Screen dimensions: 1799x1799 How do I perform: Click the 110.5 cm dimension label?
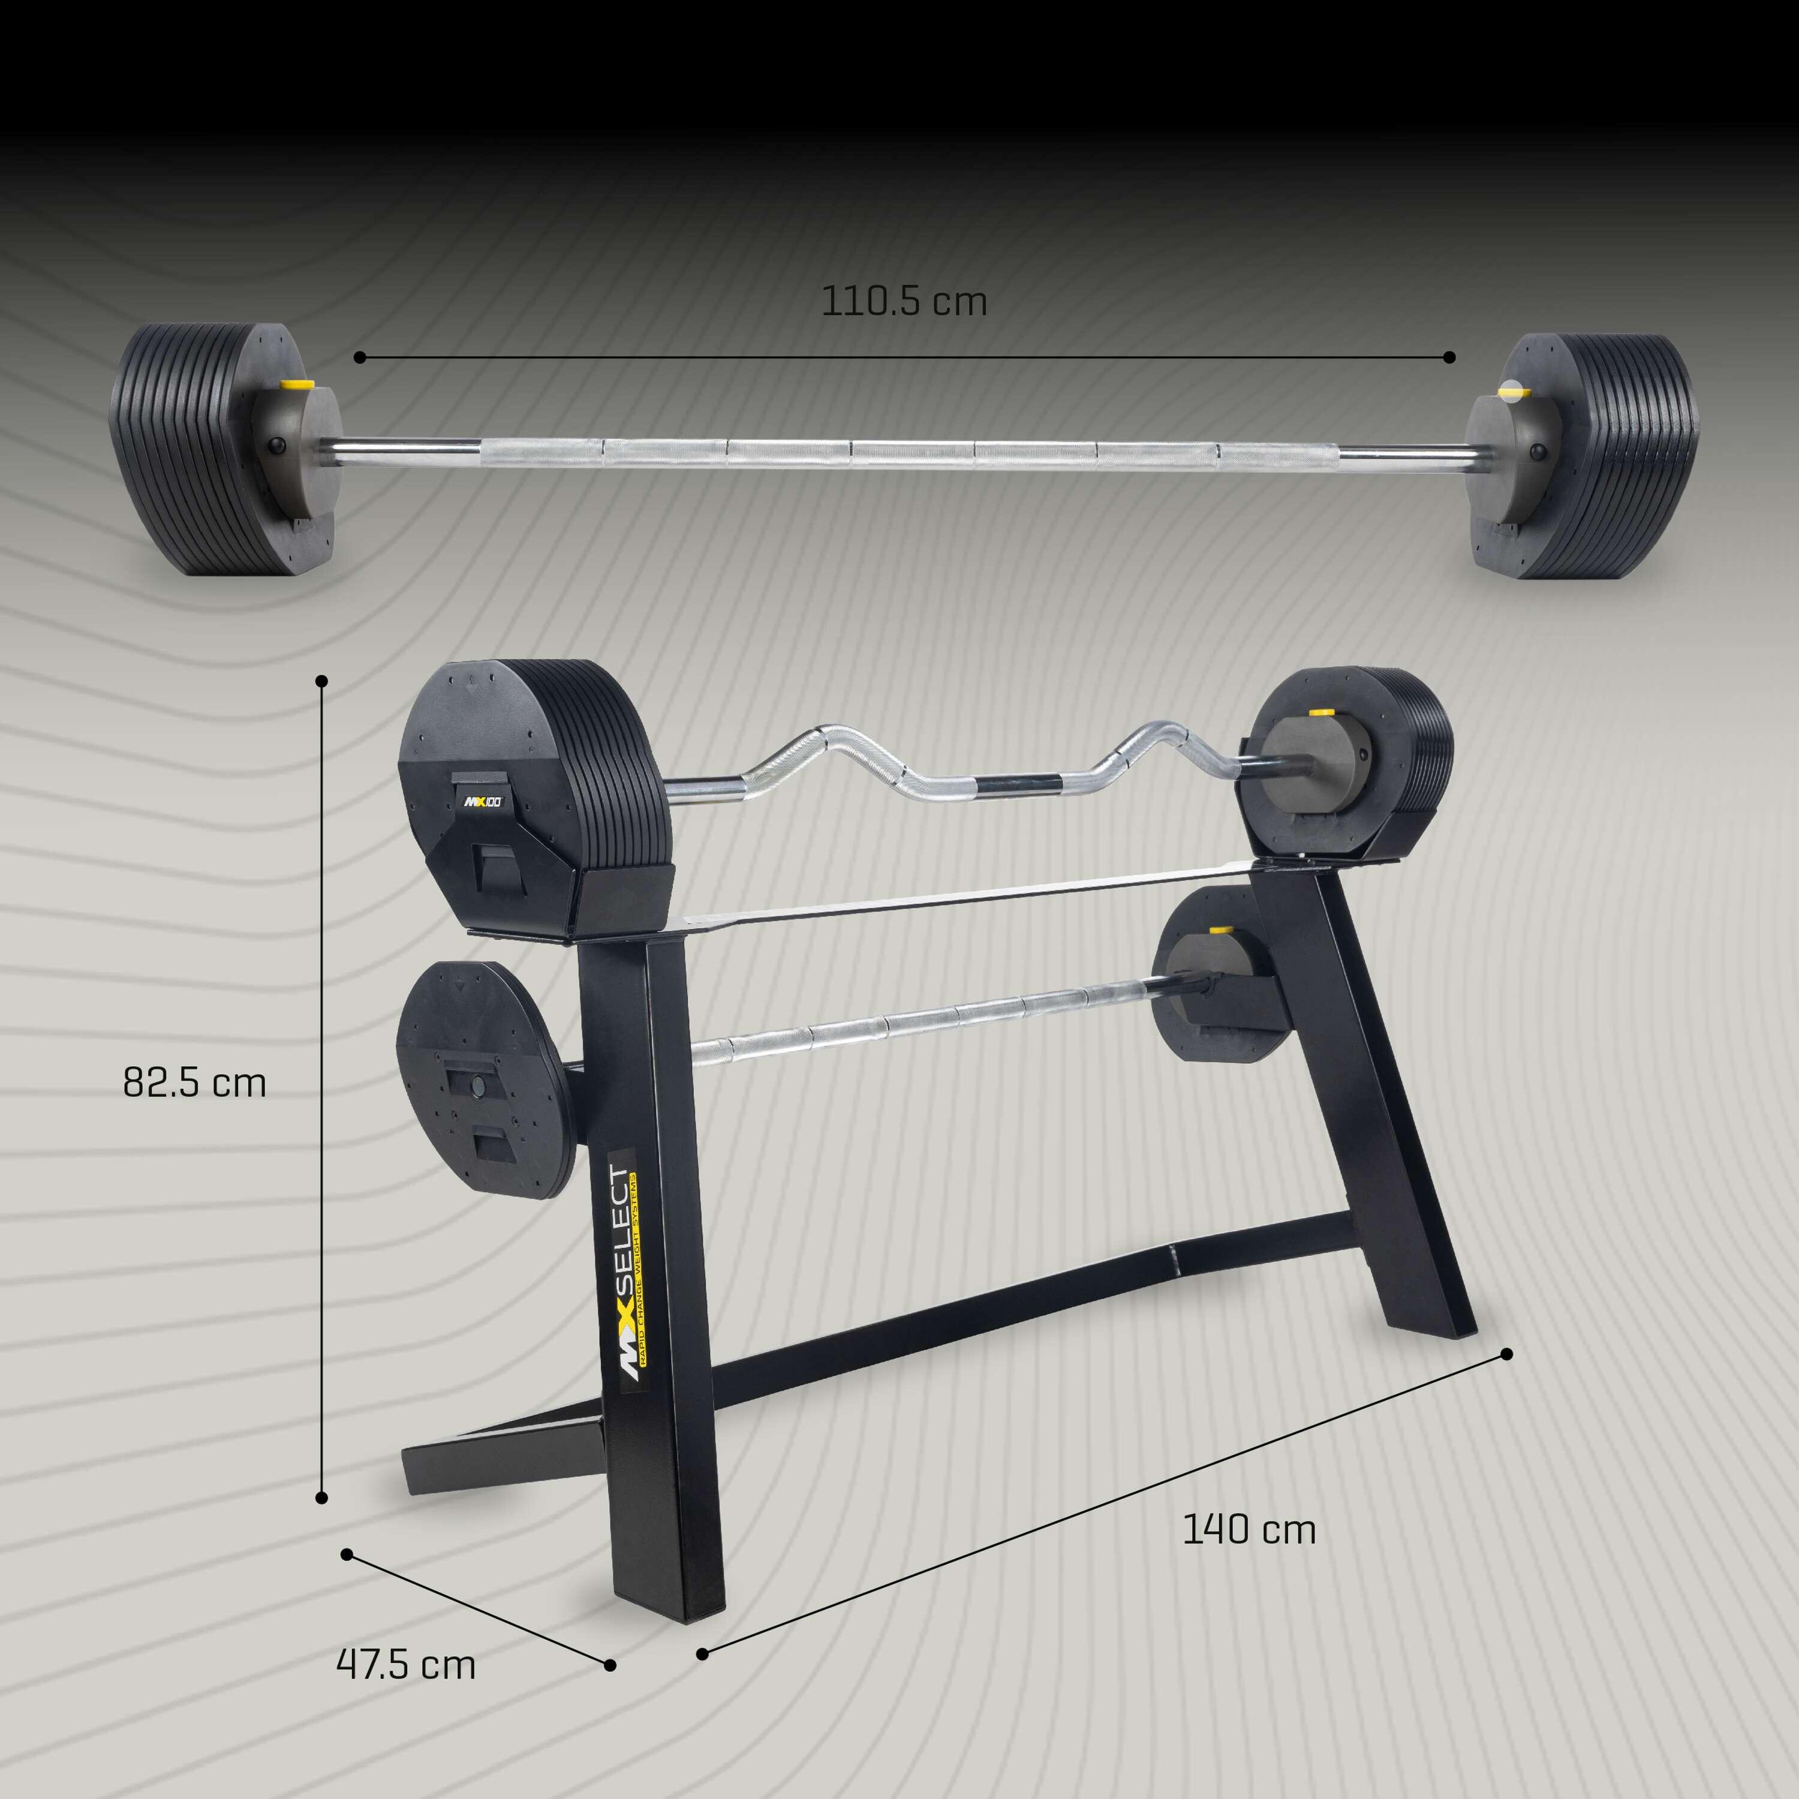click(x=903, y=302)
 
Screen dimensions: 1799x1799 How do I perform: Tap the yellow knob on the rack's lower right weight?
click(x=1218, y=932)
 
